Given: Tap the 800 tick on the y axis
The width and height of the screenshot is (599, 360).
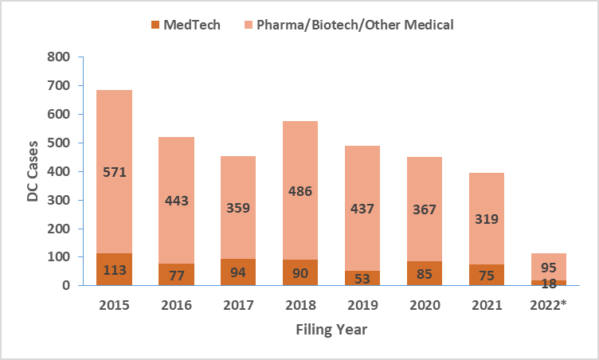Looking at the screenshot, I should click(x=59, y=57).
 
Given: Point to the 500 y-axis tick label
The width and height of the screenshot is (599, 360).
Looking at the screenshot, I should click(x=59, y=143).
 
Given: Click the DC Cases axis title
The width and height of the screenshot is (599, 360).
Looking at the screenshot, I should click(x=33, y=172).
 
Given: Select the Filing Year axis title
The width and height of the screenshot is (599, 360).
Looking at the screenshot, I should click(x=332, y=329).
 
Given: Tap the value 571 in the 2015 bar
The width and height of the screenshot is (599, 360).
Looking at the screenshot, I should click(x=115, y=171).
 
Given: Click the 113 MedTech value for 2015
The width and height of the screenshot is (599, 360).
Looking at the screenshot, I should click(x=115, y=269).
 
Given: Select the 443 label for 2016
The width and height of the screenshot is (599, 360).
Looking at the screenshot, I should click(x=176, y=200).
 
